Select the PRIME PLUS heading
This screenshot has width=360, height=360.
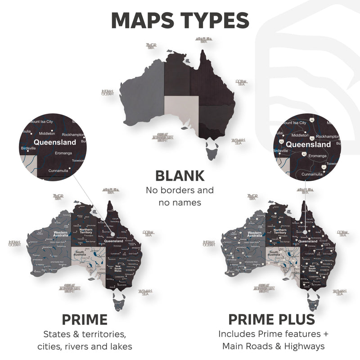coord(271,320)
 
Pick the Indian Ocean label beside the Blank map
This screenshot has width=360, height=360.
coord(107,93)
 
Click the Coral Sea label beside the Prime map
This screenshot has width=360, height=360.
coord(148,233)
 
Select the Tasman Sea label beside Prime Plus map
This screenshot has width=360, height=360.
coord(339,292)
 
